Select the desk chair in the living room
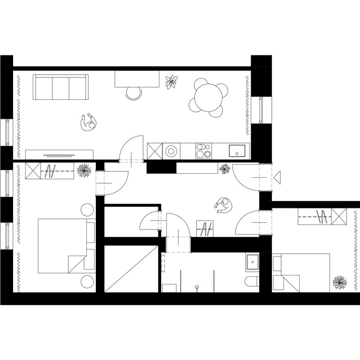pos(134,93)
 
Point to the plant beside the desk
pos(171,82)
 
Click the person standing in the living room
pos(88,122)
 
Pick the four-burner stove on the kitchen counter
pos(203,151)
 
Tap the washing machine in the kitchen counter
pos(171,151)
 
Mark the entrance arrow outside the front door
pos(277,177)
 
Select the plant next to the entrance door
pos(224,169)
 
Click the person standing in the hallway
pos(223,206)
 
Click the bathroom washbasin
pos(252,261)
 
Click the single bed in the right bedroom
pos(301,272)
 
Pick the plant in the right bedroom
pos(339,283)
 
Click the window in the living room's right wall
pos(261,110)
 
